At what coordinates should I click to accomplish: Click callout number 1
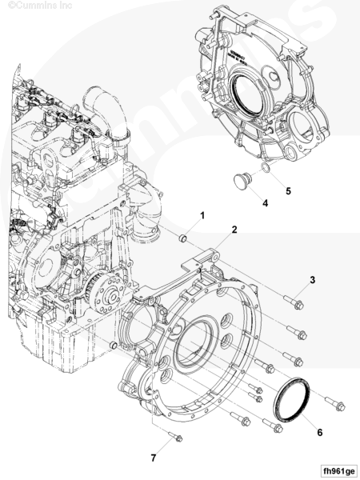coord(202,215)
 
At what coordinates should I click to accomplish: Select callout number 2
coord(234,230)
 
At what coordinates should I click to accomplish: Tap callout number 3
coord(312,280)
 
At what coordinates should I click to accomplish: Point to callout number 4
coord(266,203)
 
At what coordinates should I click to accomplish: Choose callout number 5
coord(288,191)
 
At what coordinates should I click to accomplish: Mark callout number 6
coord(319,433)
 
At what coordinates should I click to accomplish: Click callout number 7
coord(154,458)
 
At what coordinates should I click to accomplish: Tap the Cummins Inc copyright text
coord(40,6)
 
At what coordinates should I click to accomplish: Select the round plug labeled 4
coord(242,180)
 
